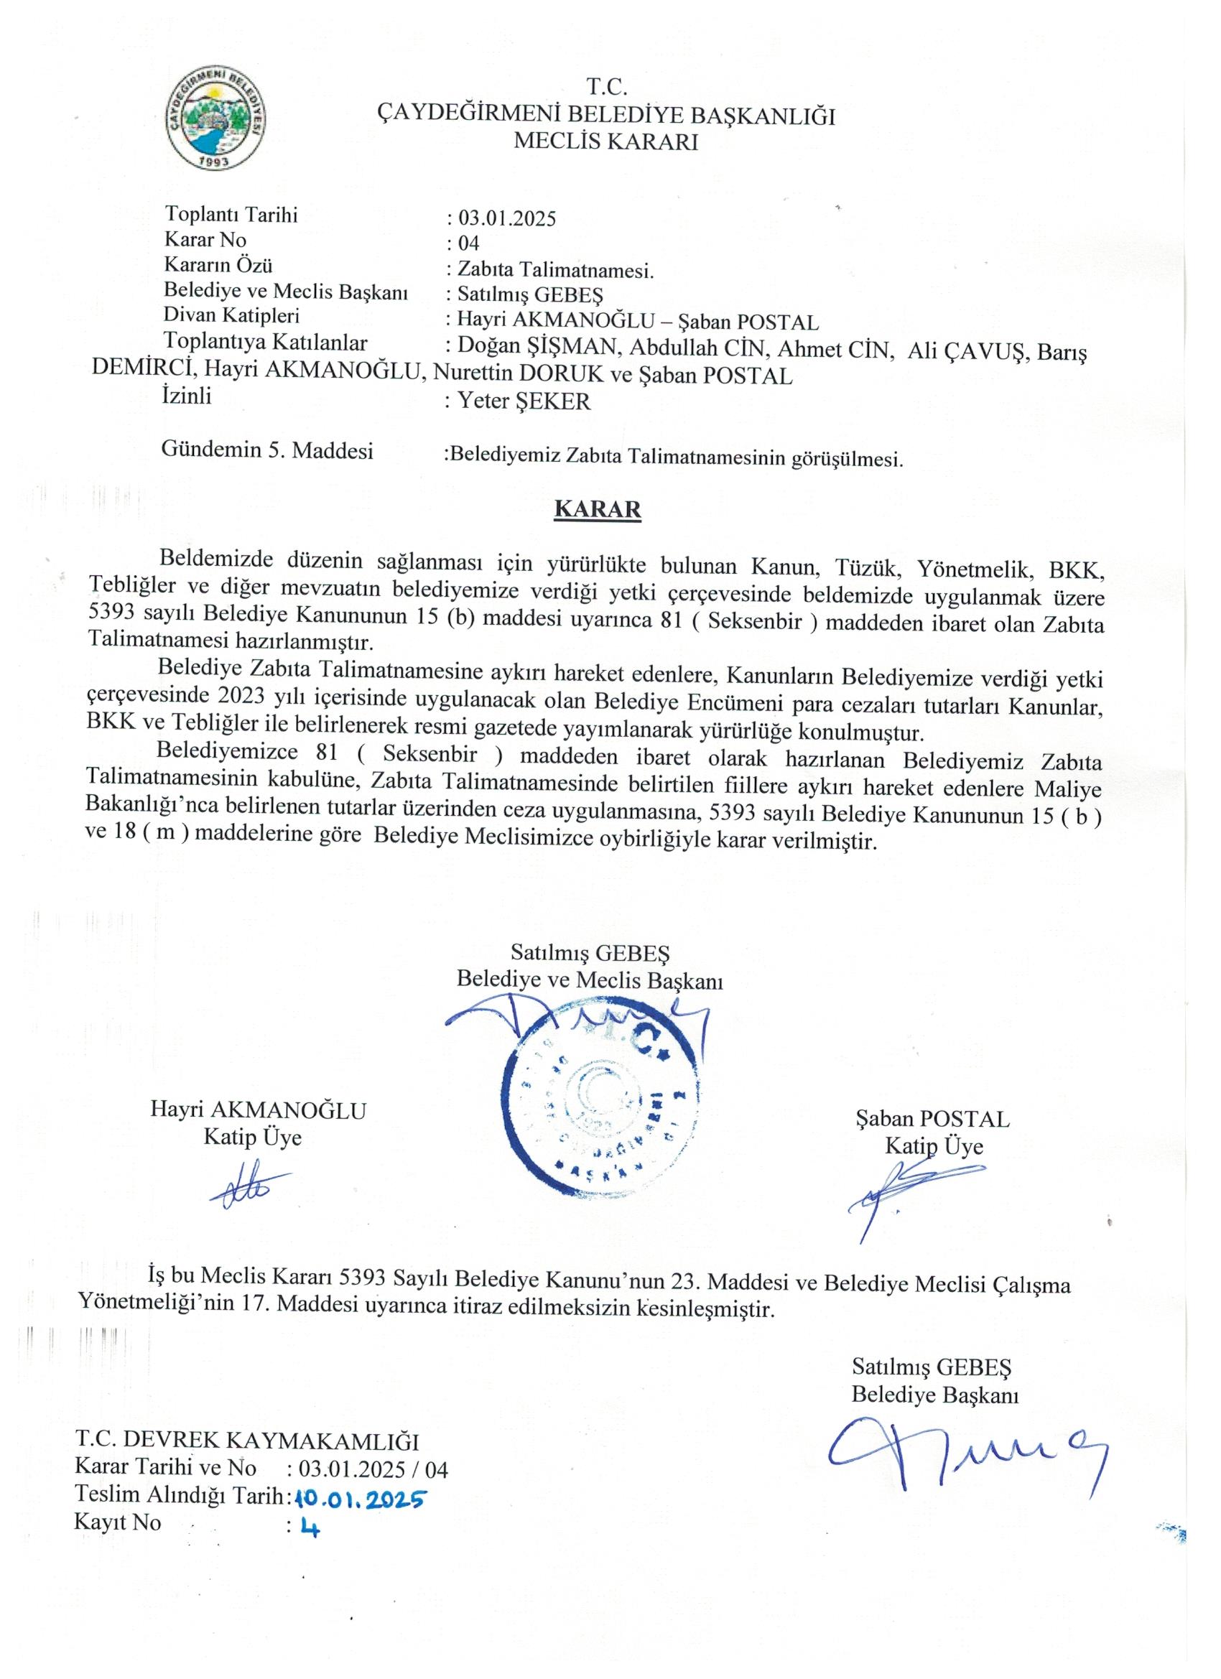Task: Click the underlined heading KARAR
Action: (597, 510)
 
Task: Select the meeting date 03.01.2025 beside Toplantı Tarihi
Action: (506, 218)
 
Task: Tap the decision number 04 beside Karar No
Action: (469, 243)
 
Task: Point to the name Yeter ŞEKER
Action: (524, 402)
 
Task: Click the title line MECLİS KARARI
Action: (605, 141)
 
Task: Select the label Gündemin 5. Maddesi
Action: (267, 450)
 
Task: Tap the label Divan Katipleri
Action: (232, 316)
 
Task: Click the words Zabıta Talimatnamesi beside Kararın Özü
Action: (554, 269)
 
